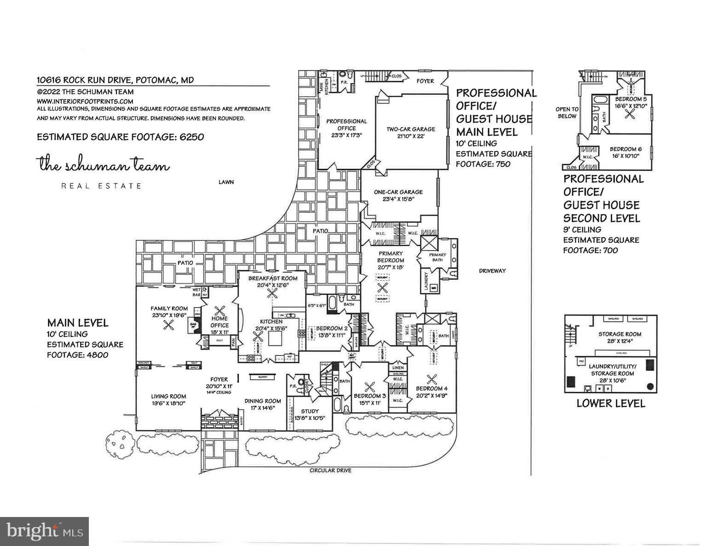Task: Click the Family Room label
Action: (x=169, y=308)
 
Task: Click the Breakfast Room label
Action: (x=272, y=278)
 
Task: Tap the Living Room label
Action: (x=168, y=396)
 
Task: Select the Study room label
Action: (x=310, y=411)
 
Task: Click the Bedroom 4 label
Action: (x=431, y=388)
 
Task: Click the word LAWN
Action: (x=226, y=182)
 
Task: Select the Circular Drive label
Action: (x=330, y=470)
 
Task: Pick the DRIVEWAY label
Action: (x=492, y=271)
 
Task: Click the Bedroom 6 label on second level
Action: (x=626, y=149)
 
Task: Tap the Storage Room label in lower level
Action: (x=620, y=334)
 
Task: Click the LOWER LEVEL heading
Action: (x=611, y=404)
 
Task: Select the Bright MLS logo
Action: (x=44, y=531)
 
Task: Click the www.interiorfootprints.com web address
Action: (x=85, y=101)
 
